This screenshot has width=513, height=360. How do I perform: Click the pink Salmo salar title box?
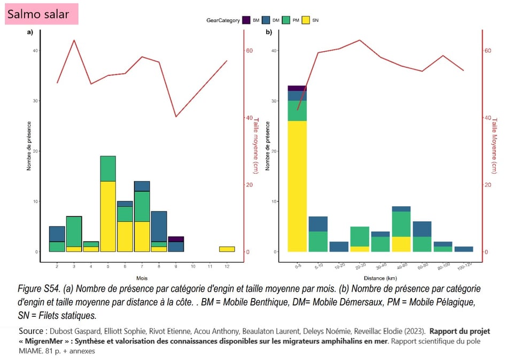(42, 13)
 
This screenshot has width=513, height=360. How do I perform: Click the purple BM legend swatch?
(246, 20)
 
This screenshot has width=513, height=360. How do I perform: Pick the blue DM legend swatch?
(267, 20)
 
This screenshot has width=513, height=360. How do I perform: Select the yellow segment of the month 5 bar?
(108, 216)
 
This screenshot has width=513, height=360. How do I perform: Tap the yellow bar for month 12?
(227, 249)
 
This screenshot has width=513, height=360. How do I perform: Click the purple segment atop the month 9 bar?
(175, 239)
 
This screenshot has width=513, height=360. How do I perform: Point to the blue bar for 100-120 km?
(464, 249)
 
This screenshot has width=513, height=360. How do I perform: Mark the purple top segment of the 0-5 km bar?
(297, 88)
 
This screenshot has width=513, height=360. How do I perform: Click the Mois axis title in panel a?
(142, 278)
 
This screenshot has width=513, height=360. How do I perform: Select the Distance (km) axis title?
(380, 278)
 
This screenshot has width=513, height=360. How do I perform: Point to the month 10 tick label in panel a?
(192, 266)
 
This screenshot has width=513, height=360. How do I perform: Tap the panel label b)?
(269, 33)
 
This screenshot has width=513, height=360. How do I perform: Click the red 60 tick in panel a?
(249, 51)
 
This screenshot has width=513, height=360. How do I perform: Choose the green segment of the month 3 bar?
(74, 231)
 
